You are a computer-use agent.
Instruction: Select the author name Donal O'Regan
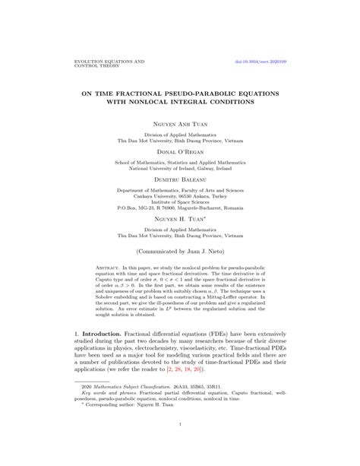[x=180, y=152]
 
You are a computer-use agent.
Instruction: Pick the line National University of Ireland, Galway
[x=180, y=169]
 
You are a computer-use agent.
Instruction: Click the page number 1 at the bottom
[x=180, y=445]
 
